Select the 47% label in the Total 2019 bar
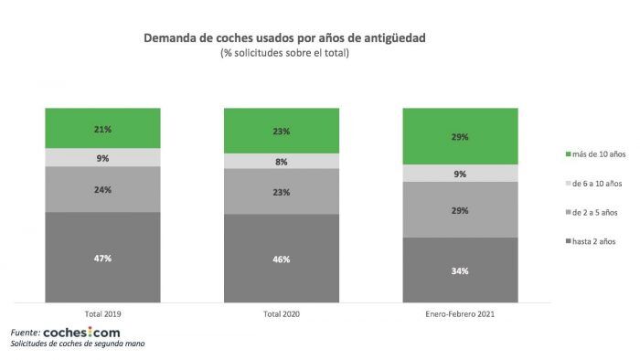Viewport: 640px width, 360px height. [101, 259]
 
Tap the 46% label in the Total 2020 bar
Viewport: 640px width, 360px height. [282, 259]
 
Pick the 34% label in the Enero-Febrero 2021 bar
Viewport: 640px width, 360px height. [460, 270]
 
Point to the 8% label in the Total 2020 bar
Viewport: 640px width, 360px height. [282, 162]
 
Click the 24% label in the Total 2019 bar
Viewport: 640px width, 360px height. [101, 190]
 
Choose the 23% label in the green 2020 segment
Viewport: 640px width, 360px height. [282, 132]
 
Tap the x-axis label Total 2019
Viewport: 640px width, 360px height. [101, 313]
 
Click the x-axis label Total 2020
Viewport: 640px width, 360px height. [281, 313]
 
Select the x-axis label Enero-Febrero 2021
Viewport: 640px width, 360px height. [460, 313]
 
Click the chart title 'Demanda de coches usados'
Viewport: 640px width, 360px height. [284, 39]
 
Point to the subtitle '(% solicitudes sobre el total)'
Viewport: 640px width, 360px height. [284, 53]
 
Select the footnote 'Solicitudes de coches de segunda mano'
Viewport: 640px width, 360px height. [77, 345]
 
